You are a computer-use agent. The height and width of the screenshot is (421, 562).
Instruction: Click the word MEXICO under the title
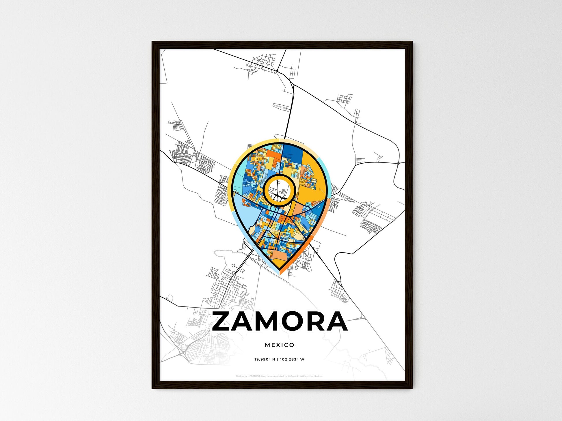(280, 345)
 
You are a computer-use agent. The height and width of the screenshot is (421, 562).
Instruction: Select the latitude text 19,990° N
(265, 360)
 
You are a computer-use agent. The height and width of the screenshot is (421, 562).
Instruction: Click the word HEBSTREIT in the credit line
(254, 376)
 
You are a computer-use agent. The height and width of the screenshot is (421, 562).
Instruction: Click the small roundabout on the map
(398, 164)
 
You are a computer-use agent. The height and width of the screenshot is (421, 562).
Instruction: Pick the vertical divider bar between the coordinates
(278, 360)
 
